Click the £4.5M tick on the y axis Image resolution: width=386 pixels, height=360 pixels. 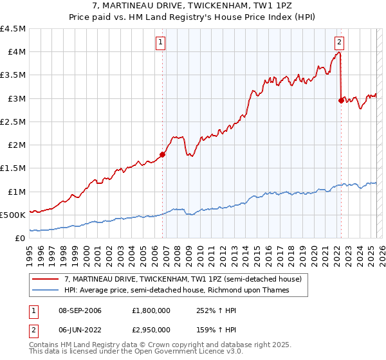(13, 29)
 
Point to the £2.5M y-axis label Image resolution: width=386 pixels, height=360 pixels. (13, 122)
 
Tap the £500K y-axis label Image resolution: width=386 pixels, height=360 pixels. (13, 215)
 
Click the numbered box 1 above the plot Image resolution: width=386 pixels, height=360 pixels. (160, 43)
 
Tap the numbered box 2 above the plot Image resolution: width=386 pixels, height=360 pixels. (339, 43)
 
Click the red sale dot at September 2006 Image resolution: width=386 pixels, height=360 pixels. (162, 154)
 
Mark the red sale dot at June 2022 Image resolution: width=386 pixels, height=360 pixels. (340, 100)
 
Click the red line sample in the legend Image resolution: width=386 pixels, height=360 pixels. (46, 278)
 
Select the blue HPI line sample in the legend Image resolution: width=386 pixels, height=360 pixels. (46, 290)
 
